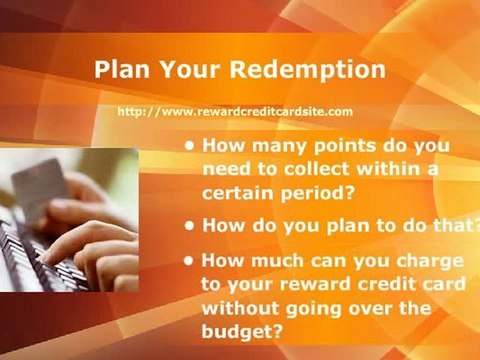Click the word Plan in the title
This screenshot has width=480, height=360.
pyautogui.click(x=122, y=71)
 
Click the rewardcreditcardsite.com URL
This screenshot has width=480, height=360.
pyautogui.click(x=235, y=112)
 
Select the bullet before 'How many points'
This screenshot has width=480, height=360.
pyautogui.click(x=190, y=146)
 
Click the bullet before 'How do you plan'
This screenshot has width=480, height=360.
pyautogui.click(x=190, y=225)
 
